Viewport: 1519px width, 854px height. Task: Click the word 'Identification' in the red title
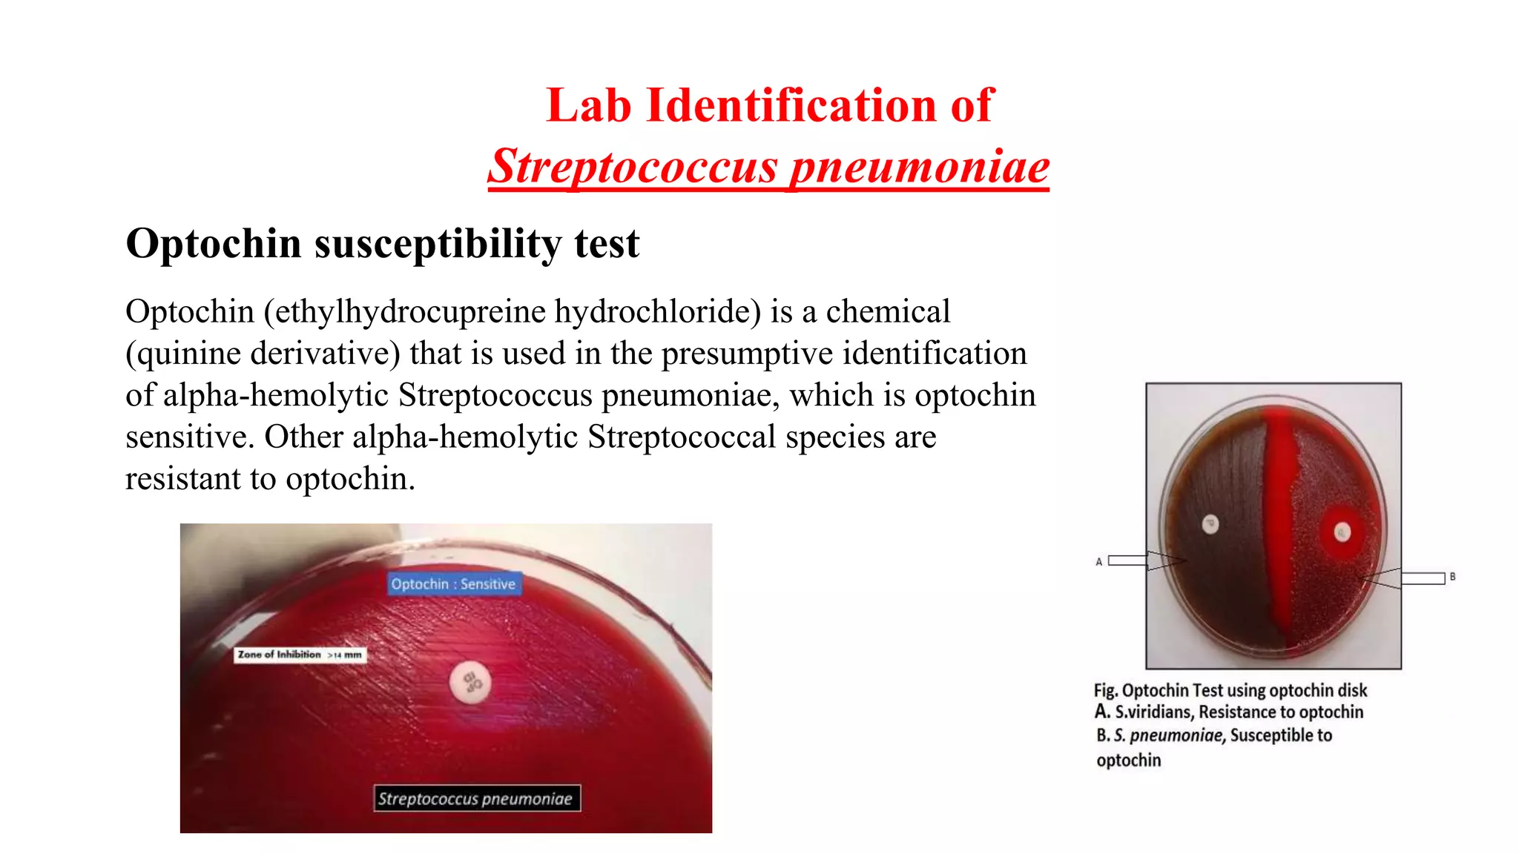[792, 105]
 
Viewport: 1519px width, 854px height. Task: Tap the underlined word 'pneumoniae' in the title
[919, 166]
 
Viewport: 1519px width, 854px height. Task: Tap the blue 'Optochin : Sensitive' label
[453, 584]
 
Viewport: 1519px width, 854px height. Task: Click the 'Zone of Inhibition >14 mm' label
[300, 655]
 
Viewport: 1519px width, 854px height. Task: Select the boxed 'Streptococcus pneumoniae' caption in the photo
[475, 798]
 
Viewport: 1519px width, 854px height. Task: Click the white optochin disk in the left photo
[471, 682]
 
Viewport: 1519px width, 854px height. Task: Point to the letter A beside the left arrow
[1098, 562]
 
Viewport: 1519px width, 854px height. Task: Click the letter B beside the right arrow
[1452, 577]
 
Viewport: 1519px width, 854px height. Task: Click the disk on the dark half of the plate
[1210, 524]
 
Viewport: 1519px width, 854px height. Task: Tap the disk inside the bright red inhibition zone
[1342, 532]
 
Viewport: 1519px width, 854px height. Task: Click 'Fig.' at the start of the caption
[1105, 691]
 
